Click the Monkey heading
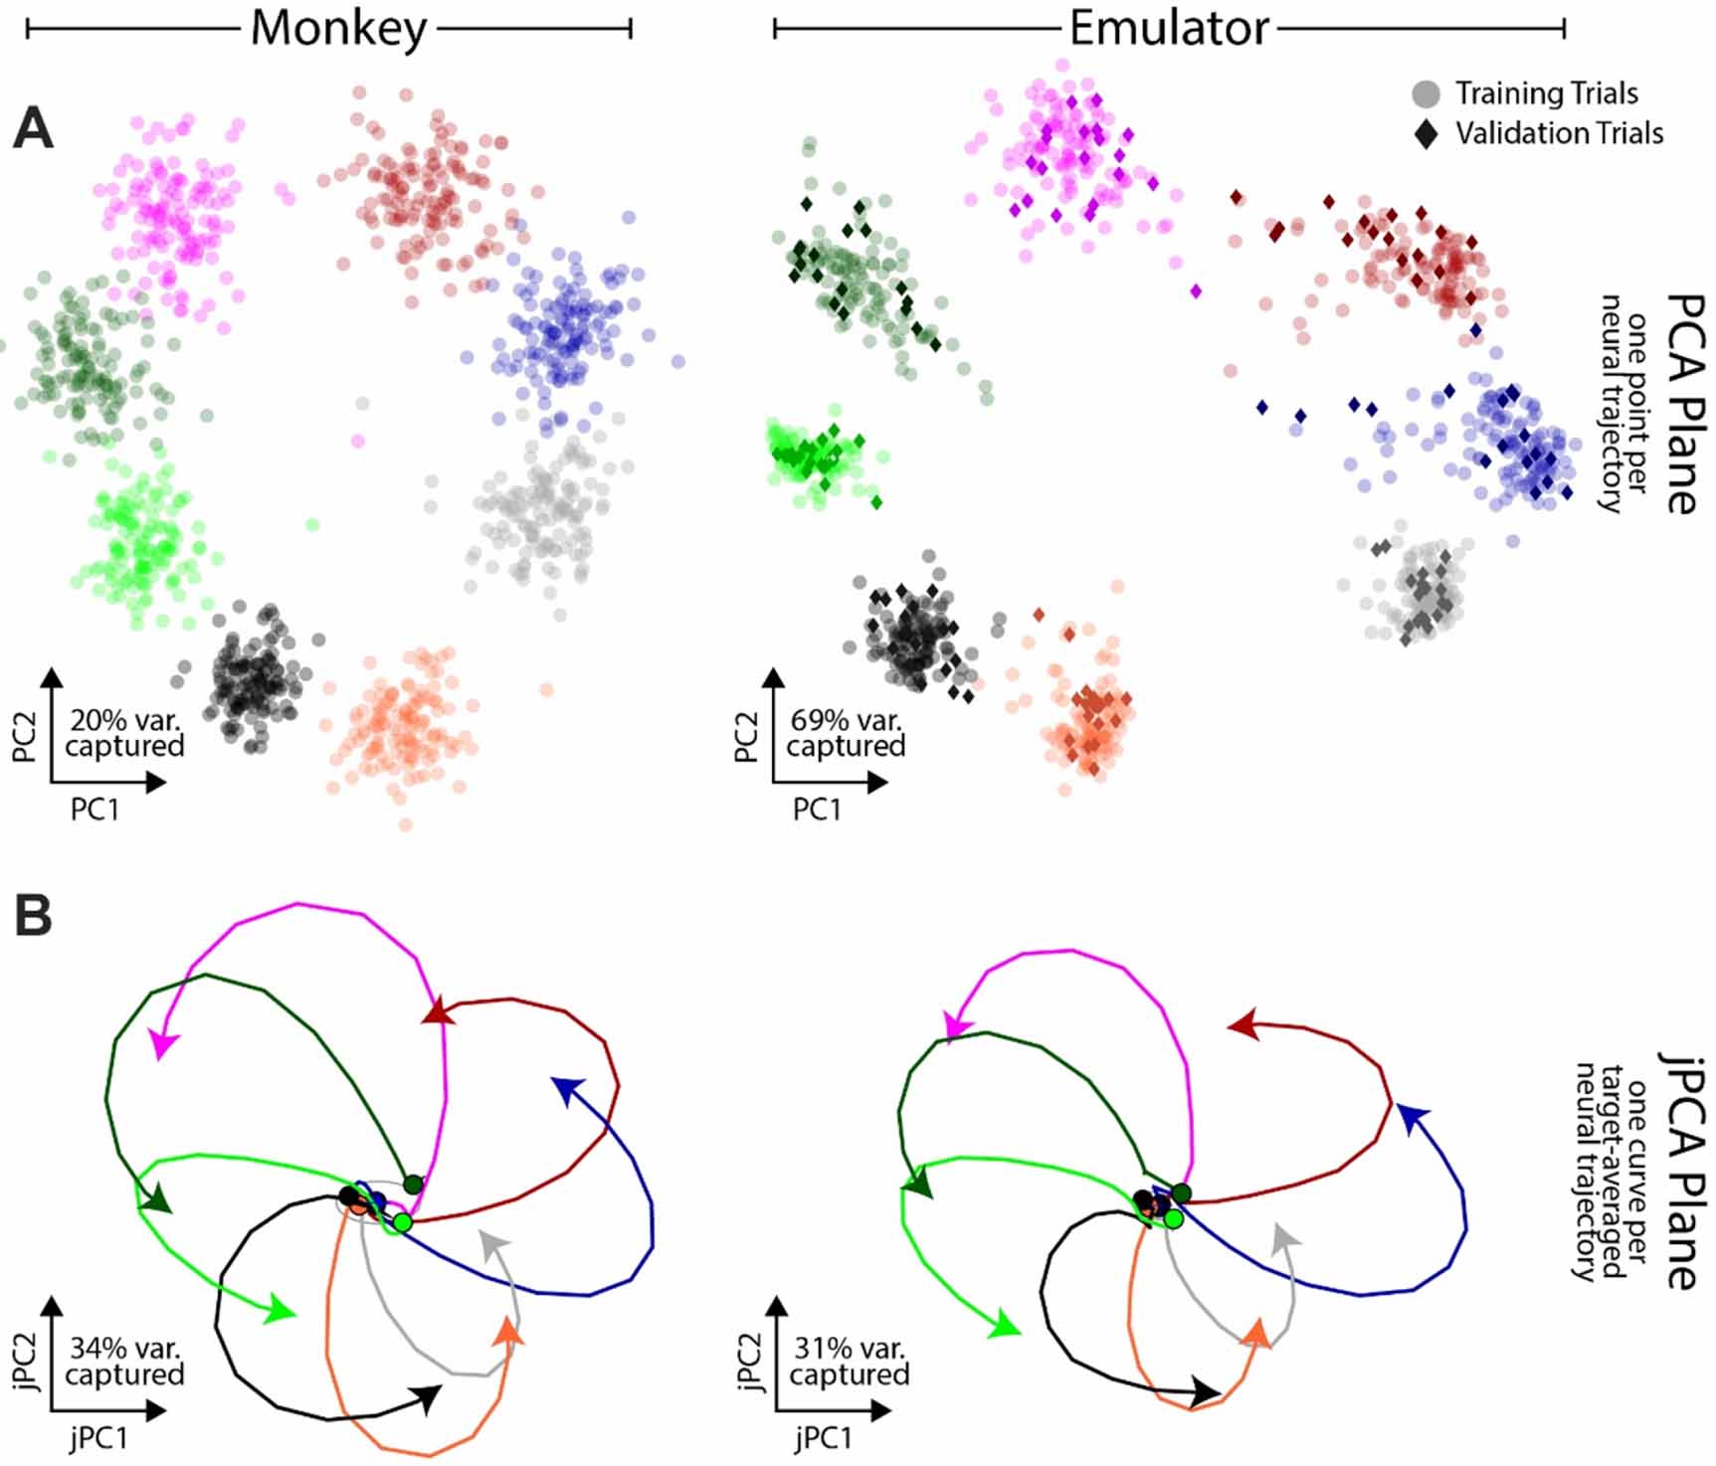pyautogui.click(x=338, y=29)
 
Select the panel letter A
pyautogui.click(x=33, y=129)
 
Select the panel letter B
pyautogui.click(x=33, y=916)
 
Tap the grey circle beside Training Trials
pyautogui.click(x=1426, y=94)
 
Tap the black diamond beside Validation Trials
pyautogui.click(x=1426, y=134)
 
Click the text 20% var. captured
pyautogui.click(x=124, y=733)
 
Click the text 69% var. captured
pyautogui.click(x=846, y=733)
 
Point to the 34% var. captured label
pyautogui.click(x=124, y=1362)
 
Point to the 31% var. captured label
pyautogui.click(x=849, y=1362)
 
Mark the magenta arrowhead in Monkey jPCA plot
pyautogui.click(x=162, y=1043)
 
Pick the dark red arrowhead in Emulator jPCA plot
pyautogui.click(x=1242, y=1024)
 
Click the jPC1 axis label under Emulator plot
pyautogui.click(x=822, y=1438)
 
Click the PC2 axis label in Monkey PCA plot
pyautogui.click(x=25, y=737)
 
